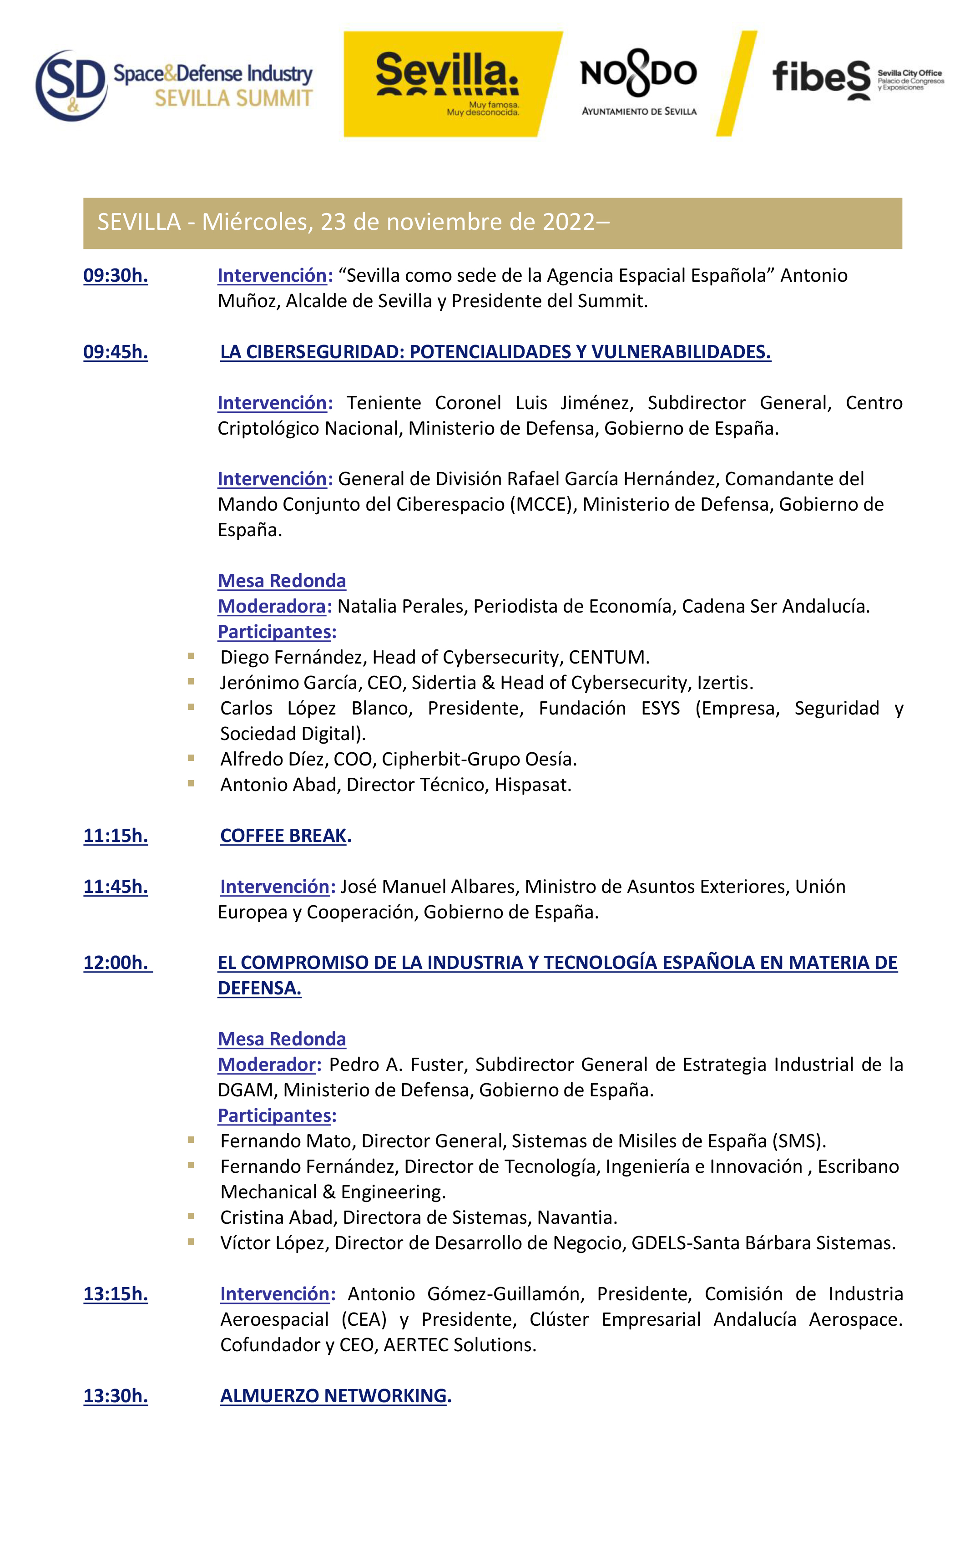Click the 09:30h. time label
[x=115, y=276]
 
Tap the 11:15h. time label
[x=115, y=836]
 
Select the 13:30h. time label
[x=115, y=1396]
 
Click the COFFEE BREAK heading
[x=283, y=836]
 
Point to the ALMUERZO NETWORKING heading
[x=334, y=1396]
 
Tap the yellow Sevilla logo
[x=448, y=85]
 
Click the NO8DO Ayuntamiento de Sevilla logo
[x=638, y=85]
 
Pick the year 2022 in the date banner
[x=569, y=222]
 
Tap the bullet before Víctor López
[x=191, y=1242]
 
